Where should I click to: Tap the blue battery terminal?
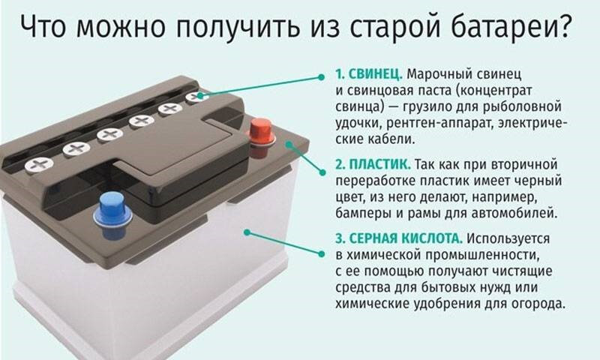point(112,215)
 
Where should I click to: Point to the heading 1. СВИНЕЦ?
point(369,73)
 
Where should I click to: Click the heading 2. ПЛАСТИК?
point(373,164)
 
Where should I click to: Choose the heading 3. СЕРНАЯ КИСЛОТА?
point(399,238)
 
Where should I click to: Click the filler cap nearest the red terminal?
point(197,97)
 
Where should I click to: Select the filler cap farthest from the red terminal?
point(39,165)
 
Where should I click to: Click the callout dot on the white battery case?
point(247,232)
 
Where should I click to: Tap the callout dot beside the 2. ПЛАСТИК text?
point(322,172)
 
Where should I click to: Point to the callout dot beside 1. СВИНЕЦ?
point(322,77)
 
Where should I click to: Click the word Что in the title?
point(43,28)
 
